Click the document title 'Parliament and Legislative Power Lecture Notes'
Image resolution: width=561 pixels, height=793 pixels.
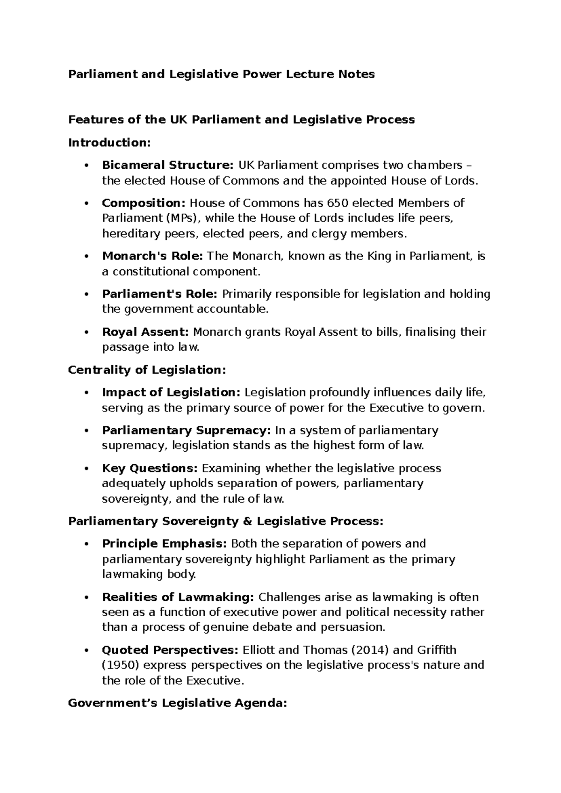(222, 74)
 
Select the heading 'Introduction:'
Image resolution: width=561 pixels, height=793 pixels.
(109, 143)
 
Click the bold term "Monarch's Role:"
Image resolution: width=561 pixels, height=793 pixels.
(152, 256)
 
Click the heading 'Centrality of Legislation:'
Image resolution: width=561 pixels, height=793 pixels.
(147, 370)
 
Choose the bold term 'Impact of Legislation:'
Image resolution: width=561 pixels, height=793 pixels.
(171, 392)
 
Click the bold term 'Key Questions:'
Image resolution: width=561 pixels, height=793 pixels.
(150, 468)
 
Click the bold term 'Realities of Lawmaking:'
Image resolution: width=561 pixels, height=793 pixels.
(178, 597)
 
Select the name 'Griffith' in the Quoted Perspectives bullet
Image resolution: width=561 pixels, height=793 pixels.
(437, 650)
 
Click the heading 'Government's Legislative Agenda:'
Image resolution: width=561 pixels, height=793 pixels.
(177, 703)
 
